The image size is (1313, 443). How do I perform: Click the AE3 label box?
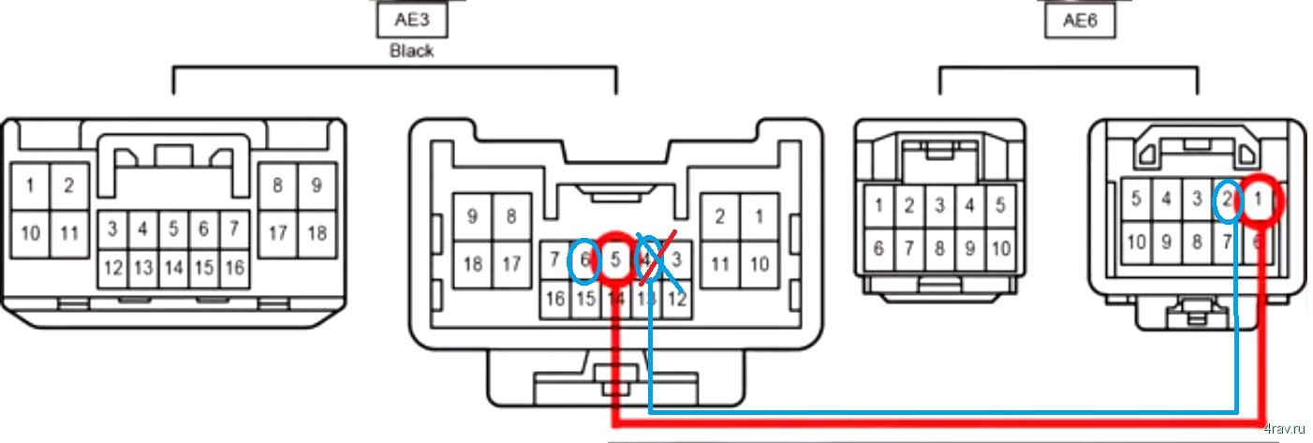pyautogui.click(x=411, y=18)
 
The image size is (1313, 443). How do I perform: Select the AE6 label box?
pyautogui.click(x=1080, y=20)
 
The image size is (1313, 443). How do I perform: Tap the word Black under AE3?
pyautogui.click(x=411, y=51)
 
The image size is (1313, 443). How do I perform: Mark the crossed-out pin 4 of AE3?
pyautogui.click(x=646, y=259)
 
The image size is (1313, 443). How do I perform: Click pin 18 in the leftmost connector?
pyautogui.click(x=317, y=232)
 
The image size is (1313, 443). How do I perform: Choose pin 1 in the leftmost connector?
pyautogui.click(x=30, y=185)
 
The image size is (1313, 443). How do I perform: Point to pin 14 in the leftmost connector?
pyautogui.click(x=173, y=268)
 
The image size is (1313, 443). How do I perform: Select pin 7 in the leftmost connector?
pyautogui.click(x=235, y=228)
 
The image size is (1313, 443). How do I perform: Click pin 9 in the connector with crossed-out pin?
pyautogui.click(x=473, y=217)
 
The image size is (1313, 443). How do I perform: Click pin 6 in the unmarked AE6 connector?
pyautogui.click(x=878, y=249)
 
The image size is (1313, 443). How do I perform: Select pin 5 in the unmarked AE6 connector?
pyautogui.click(x=1000, y=205)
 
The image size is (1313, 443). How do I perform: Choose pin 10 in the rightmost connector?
pyautogui.click(x=1136, y=243)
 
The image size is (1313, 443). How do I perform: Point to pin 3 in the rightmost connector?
pyautogui.click(x=1195, y=199)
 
